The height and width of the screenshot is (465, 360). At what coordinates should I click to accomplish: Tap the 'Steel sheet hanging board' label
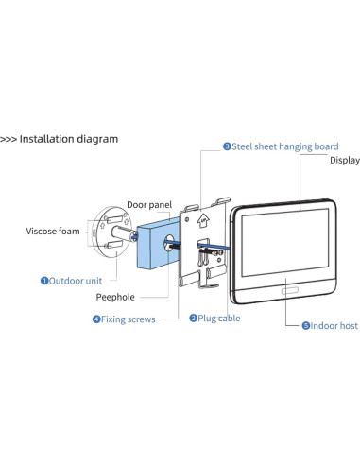285,146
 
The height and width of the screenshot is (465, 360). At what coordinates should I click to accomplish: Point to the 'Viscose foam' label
53,230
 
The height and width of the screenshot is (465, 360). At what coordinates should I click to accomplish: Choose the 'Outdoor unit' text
76,280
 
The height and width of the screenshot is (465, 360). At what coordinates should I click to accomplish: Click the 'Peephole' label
117,297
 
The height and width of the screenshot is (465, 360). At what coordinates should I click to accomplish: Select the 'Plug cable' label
219,319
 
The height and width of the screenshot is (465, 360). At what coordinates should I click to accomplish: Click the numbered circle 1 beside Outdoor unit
44,280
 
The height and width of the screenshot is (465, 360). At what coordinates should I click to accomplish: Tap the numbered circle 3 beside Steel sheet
227,146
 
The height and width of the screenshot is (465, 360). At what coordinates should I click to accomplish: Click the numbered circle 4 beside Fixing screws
96,319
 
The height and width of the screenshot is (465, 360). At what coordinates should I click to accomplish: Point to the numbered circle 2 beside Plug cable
193,319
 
